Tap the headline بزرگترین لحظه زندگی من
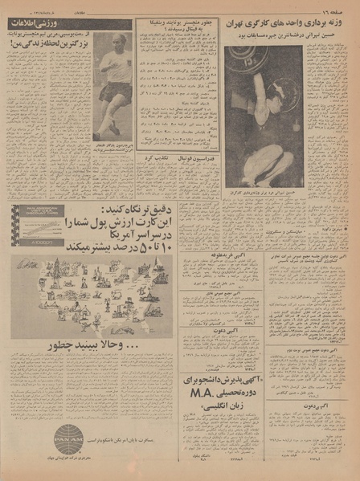[48, 47]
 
